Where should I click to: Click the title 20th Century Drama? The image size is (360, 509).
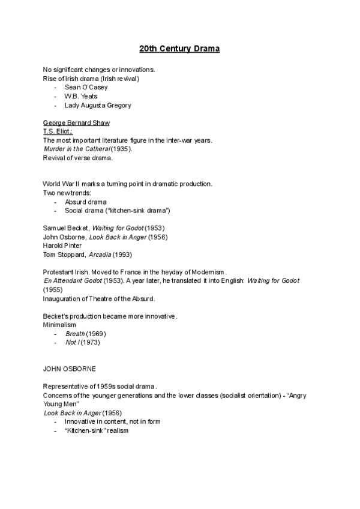(x=179, y=48)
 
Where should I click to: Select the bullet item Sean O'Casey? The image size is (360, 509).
(x=86, y=87)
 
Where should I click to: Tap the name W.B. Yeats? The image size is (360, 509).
(x=81, y=96)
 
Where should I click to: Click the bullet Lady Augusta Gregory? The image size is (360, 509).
(x=98, y=105)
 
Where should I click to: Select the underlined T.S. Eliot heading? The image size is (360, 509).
(x=58, y=131)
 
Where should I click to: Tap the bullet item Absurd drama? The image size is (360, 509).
(x=86, y=202)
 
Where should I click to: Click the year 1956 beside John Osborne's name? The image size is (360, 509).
(x=158, y=237)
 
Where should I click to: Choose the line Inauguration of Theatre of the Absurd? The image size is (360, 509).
(x=99, y=298)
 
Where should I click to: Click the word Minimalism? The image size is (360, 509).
(x=59, y=325)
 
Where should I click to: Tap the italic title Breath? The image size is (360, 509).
(x=75, y=334)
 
